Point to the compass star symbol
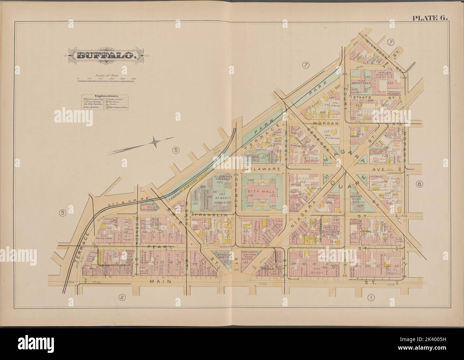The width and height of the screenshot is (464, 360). coord(154,142)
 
